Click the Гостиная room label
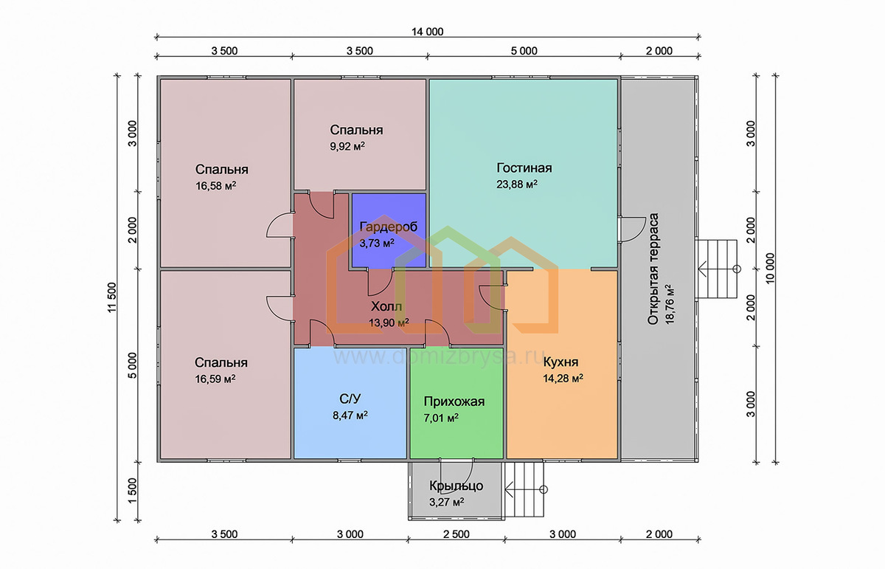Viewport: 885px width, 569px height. (x=524, y=168)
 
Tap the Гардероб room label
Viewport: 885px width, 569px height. (x=389, y=227)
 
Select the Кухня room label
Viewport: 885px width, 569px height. (x=560, y=362)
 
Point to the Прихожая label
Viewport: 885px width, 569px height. (x=454, y=401)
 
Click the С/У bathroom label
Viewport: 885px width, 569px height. (x=350, y=399)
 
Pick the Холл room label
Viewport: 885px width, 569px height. (x=386, y=306)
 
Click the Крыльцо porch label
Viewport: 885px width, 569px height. (x=456, y=486)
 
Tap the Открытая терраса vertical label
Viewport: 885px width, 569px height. (x=653, y=269)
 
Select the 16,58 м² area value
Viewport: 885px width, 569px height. (x=215, y=185)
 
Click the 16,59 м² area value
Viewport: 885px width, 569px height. (x=215, y=379)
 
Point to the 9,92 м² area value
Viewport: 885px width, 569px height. (x=347, y=146)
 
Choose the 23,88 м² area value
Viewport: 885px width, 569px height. (x=517, y=185)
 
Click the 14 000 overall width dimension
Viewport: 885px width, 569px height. (x=428, y=32)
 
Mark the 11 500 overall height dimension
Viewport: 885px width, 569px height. (x=112, y=297)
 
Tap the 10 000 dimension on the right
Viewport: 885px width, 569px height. (x=770, y=268)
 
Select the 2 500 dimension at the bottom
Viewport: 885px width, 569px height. (x=457, y=534)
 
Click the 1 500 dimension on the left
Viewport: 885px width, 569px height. (x=132, y=491)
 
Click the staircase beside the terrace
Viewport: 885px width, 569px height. (x=716, y=269)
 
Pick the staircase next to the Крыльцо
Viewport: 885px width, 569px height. (x=524, y=489)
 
